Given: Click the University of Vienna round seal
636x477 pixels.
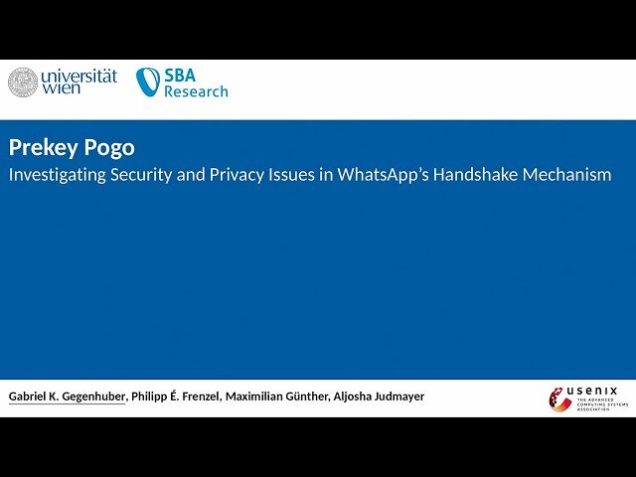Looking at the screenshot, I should coord(23,82).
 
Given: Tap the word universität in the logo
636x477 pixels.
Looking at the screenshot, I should coord(79,75).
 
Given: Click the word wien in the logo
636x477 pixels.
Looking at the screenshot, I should coord(62,89).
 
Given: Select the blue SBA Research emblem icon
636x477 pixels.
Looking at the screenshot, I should coord(148,81).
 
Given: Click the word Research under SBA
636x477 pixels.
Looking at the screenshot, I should coord(196,91).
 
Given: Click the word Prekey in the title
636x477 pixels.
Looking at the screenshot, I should coord(40,148).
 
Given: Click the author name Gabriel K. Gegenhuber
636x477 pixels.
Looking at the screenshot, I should coord(68,397).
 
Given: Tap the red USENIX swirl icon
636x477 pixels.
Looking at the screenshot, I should coord(559,398).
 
